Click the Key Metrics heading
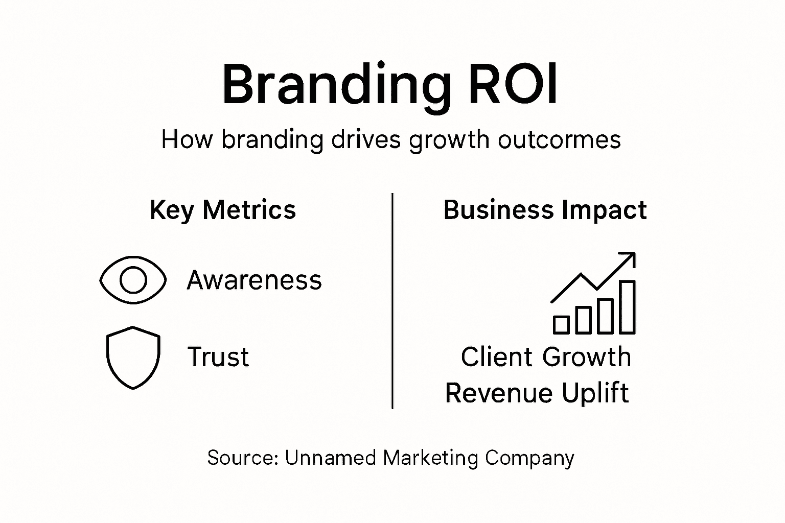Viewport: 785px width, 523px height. point(223,210)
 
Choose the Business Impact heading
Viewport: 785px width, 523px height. point(545,210)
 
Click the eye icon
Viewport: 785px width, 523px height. point(133,280)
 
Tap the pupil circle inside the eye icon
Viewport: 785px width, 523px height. point(133,280)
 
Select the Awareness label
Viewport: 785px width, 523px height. point(255,280)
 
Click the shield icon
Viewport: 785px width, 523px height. point(133,357)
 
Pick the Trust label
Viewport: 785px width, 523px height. point(218,357)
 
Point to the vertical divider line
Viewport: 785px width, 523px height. point(392,301)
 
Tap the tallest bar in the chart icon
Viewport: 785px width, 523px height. point(627,306)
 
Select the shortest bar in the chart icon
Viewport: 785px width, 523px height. point(561,325)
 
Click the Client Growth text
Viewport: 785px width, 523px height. point(546,357)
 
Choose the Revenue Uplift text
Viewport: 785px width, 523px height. point(537,393)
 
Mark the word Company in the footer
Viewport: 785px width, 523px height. point(529,458)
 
